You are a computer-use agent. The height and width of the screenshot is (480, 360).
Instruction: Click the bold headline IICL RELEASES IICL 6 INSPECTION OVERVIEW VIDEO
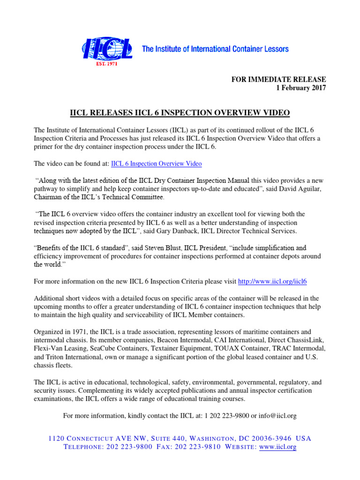(180, 113)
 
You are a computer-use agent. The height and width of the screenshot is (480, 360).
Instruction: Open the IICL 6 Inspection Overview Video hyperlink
(157, 164)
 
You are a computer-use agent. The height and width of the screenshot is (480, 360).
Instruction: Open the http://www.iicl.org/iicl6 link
(273, 281)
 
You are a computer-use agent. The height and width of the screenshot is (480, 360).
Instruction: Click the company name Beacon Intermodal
(187, 340)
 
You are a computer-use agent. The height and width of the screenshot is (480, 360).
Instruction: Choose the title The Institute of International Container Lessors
(215, 49)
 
